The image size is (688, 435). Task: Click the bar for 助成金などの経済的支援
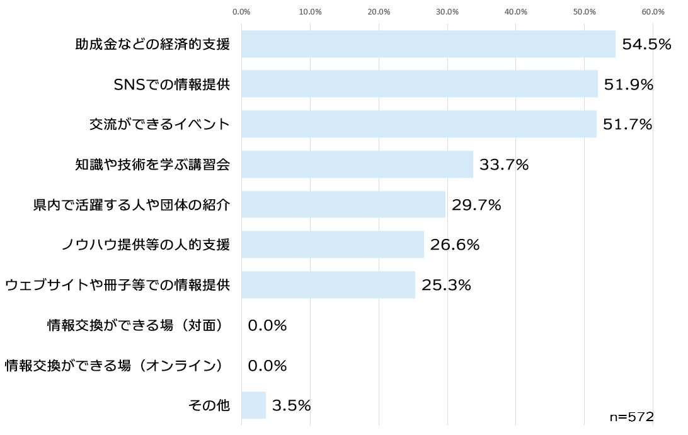(428, 44)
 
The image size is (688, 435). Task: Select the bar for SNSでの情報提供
(420, 84)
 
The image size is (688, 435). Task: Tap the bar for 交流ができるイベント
(419, 124)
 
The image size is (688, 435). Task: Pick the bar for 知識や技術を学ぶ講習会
(357, 165)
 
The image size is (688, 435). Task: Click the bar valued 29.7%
(343, 204)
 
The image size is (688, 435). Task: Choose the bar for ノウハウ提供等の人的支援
(333, 245)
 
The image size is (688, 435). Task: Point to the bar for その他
(253, 405)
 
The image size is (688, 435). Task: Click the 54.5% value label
(646, 44)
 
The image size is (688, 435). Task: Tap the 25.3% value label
(446, 285)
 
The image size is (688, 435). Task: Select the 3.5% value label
(291, 405)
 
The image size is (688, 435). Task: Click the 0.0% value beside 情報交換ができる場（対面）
(267, 325)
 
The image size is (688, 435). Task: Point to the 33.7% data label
(504, 165)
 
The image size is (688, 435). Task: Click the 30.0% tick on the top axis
(447, 11)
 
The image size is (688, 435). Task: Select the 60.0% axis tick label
(653, 11)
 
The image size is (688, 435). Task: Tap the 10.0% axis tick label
(310, 11)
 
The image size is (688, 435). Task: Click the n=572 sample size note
(631, 417)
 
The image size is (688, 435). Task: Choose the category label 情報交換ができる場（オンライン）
(115, 366)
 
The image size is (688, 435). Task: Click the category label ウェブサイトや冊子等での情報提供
(117, 285)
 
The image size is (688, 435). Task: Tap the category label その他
(209, 405)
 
